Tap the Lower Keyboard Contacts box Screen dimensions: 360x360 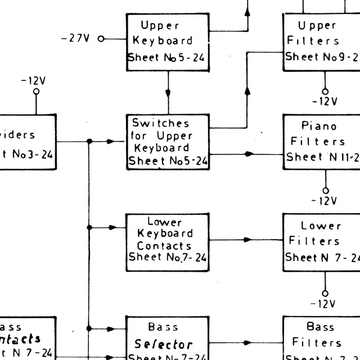(x=167, y=239)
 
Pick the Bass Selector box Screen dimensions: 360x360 (x=167, y=339)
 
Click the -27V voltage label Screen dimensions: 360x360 (x=75, y=39)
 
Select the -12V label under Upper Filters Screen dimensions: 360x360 (x=325, y=102)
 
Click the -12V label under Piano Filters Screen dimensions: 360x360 (x=325, y=201)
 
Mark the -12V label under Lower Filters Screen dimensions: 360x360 (x=325, y=304)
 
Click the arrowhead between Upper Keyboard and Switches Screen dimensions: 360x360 (x=168, y=93)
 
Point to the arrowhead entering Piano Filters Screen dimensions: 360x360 (x=250, y=154)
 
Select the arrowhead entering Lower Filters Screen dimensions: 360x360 (x=247, y=240)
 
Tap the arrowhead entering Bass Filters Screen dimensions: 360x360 (x=247, y=342)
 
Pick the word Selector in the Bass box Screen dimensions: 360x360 (x=164, y=344)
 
